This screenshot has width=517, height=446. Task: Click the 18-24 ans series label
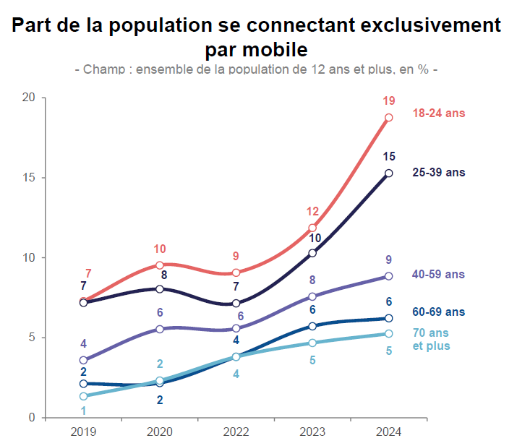439,113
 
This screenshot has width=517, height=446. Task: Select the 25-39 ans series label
439,173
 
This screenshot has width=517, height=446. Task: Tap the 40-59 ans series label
439,275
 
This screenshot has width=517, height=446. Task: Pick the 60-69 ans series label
439,312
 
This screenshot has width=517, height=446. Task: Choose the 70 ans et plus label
432,340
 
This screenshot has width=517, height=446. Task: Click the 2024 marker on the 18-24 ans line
389,118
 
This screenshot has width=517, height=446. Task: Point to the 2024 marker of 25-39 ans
389,173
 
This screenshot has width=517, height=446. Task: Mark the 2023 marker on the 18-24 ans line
312,228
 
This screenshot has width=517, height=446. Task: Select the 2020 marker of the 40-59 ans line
160,329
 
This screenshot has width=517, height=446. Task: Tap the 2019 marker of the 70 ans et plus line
83,396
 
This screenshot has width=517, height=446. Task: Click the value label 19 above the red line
389,100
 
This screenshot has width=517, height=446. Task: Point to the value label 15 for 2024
389,156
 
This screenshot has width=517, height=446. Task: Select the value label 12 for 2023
312,212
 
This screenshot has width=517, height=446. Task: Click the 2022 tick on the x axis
236,432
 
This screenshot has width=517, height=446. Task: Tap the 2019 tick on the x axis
83,432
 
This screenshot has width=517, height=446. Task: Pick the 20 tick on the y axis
30,98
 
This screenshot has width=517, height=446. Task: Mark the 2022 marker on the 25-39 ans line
236,304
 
